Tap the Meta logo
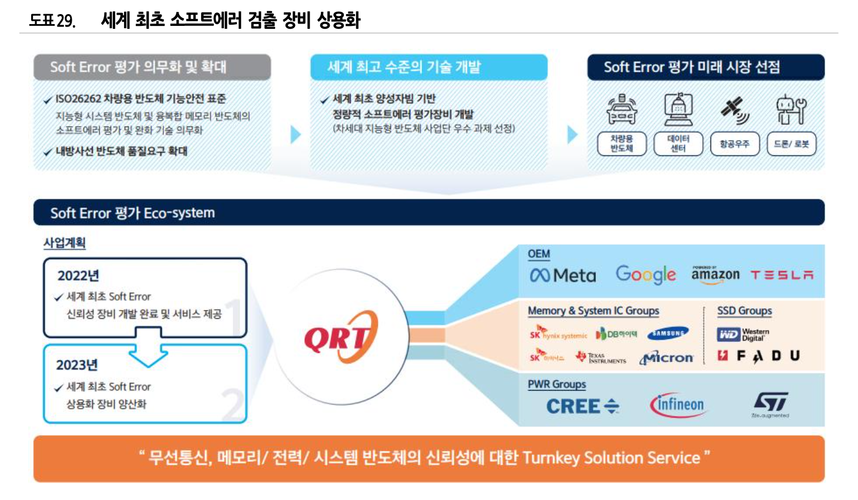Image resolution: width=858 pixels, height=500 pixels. tap(562, 275)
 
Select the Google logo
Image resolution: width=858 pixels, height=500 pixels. tap(645, 275)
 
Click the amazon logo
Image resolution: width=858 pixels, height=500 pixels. tap(715, 275)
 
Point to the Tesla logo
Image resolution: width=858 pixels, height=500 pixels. tap(782, 275)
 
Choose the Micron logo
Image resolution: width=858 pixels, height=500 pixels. tap(666, 358)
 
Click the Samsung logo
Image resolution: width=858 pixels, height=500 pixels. tap(668, 334)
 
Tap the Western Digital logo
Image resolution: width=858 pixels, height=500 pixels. tap(743, 335)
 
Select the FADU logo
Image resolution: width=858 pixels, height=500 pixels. tap(759, 356)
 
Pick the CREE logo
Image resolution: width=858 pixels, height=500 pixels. tap(582, 406)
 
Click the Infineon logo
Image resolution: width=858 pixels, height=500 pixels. tap(677, 405)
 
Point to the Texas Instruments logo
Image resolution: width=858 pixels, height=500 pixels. tap(601, 358)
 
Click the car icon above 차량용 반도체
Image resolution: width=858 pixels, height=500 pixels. tap(621, 110)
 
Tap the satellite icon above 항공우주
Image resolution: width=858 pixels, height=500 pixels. tap(734, 110)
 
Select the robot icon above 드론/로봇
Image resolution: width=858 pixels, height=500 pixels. tap(791, 110)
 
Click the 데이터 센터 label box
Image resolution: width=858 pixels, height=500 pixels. tap(678, 144)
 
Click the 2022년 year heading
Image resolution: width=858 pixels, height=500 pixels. tap(78, 275)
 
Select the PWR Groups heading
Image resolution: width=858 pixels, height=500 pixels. tap(557, 384)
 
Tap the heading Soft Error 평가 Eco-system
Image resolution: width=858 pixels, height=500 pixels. tap(132, 213)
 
